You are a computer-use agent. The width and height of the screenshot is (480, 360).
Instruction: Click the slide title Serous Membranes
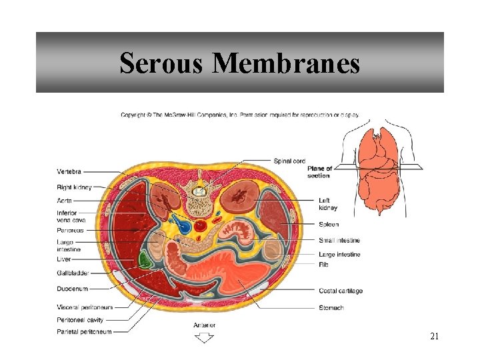click(x=239, y=63)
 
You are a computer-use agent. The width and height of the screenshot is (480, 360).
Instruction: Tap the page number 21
click(x=434, y=337)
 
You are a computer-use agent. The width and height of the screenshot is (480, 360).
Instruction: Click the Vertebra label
click(x=70, y=172)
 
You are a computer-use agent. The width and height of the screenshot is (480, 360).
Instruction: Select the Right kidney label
click(x=74, y=187)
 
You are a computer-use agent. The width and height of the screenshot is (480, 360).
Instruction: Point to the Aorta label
click(x=65, y=201)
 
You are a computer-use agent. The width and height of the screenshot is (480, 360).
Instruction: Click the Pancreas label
click(x=70, y=230)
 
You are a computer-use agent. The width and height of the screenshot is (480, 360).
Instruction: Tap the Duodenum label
click(x=72, y=289)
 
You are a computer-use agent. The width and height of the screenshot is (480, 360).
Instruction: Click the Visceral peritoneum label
click(x=85, y=307)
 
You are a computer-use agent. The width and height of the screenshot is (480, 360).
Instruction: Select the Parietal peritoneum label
click(x=84, y=331)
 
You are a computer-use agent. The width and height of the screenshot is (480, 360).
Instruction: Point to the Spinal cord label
click(x=289, y=161)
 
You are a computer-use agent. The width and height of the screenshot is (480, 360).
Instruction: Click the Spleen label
click(x=329, y=225)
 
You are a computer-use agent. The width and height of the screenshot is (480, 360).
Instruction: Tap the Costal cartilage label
click(x=340, y=291)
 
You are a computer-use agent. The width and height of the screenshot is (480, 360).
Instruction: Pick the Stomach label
click(x=331, y=307)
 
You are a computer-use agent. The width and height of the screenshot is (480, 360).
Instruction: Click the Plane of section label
click(x=319, y=172)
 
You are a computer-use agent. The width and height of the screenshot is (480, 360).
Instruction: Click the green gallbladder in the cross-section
click(x=143, y=259)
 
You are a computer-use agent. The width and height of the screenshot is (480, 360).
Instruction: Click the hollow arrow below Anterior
click(x=204, y=338)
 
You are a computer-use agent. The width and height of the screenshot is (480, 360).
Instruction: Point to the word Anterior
click(x=204, y=325)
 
